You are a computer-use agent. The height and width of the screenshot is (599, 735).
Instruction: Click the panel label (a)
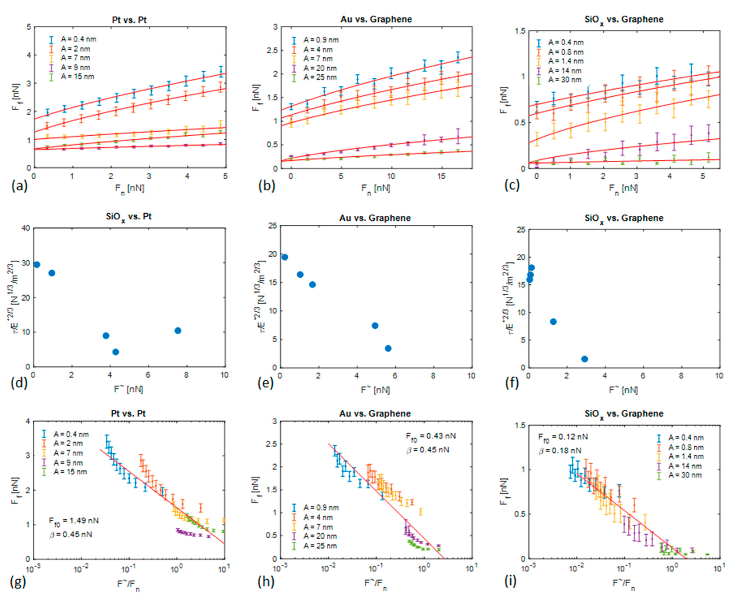pyautogui.click(x=19, y=186)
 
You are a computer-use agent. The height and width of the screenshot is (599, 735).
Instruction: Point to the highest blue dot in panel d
pyautogui.click(x=37, y=265)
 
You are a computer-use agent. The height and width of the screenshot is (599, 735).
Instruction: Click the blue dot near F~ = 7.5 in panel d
pyautogui.click(x=178, y=331)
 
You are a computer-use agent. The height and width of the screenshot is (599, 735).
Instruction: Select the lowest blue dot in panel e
pyautogui.click(x=388, y=348)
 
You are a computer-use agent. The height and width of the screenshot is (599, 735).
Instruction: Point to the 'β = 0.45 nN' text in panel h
pyautogui.click(x=428, y=450)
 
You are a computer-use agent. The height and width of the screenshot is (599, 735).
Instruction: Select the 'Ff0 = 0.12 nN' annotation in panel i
pyautogui.click(x=563, y=437)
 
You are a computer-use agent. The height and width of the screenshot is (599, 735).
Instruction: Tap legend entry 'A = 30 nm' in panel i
pyautogui.click(x=685, y=475)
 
